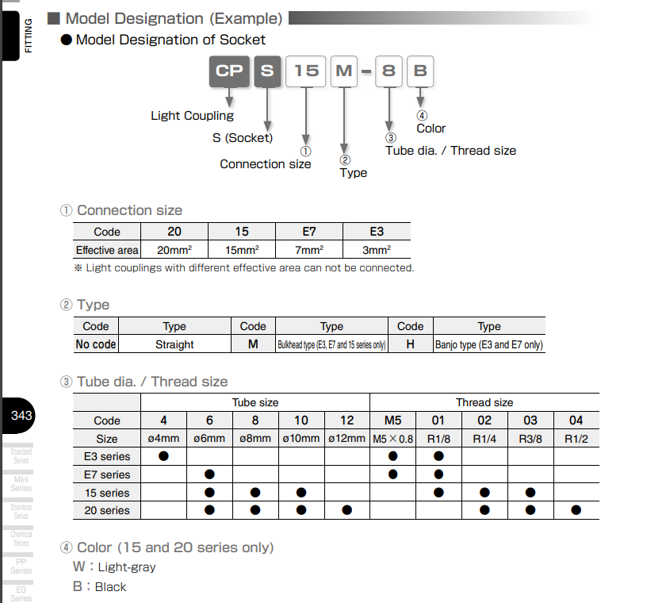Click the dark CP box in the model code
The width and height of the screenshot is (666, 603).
coord(229,71)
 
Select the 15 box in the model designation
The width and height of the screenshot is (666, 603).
coord(306,71)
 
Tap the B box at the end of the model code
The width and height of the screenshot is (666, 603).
coord(420,71)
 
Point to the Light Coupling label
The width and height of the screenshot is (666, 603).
coord(192,116)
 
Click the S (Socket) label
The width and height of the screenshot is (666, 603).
coord(243,138)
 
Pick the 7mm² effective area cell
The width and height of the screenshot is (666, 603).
coord(309,250)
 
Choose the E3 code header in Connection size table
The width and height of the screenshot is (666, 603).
coord(377,232)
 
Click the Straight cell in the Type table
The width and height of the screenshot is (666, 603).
coord(174,345)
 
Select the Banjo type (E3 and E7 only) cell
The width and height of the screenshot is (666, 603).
coord(489,345)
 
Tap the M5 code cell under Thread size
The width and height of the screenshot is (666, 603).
coord(393,421)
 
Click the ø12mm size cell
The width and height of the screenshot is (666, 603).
coord(346,439)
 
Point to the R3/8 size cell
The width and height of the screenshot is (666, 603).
coord(530,439)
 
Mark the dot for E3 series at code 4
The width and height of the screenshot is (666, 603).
coord(164,456)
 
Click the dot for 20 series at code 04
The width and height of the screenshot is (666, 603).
coord(576,510)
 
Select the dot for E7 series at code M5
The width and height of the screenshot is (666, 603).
coord(393,474)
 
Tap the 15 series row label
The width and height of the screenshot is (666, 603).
coord(107,493)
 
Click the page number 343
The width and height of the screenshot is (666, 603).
coord(21,416)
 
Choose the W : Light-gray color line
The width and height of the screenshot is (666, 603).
coord(115,567)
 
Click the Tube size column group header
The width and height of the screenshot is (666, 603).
coord(255,402)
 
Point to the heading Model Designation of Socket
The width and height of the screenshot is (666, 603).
coord(170,40)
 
